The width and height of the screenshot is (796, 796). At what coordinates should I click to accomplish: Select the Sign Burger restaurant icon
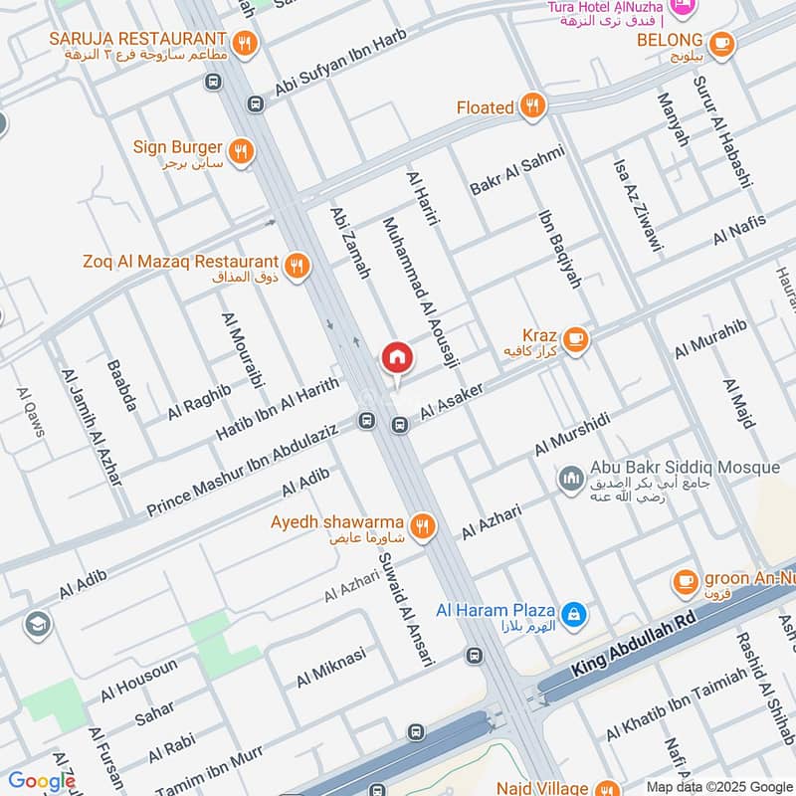click(x=240, y=151)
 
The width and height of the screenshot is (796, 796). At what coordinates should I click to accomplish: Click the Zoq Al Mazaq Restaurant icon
click(x=296, y=266)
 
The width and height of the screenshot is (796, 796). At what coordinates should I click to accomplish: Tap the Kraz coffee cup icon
click(x=574, y=340)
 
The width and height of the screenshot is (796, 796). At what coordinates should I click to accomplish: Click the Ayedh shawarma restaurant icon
click(x=423, y=526)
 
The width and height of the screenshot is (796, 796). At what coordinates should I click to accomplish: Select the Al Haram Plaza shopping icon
click(x=573, y=614)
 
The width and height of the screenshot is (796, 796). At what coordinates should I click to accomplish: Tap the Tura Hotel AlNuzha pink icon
click(x=683, y=8)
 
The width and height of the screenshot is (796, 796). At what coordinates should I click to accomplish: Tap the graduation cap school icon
click(x=38, y=624)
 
